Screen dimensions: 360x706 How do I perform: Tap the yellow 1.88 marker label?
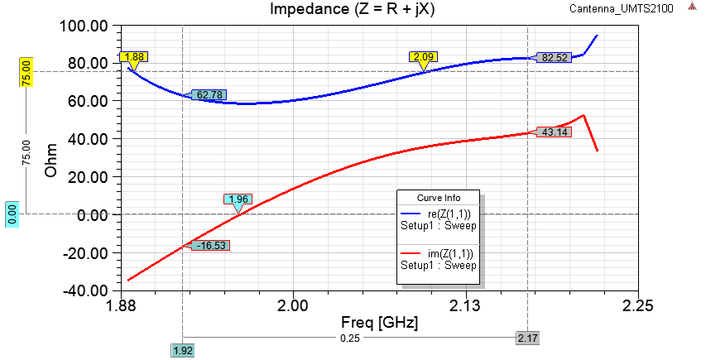pyautogui.click(x=133, y=57)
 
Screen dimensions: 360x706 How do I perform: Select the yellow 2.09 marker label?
pyautogui.click(x=423, y=57)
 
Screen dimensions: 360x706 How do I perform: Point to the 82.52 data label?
pyautogui.click(x=554, y=58)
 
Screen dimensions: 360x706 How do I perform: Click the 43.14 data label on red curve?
pyautogui.click(x=554, y=132)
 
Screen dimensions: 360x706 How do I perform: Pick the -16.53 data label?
pyautogui.click(x=209, y=246)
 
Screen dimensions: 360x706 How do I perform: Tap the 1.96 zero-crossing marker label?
pyautogui.click(x=238, y=199)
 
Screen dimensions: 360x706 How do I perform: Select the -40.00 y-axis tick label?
pyautogui.click(x=84, y=290)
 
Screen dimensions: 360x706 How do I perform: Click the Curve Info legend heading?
pyautogui.click(x=439, y=197)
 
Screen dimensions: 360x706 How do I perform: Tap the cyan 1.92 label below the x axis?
pyautogui.click(x=182, y=351)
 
